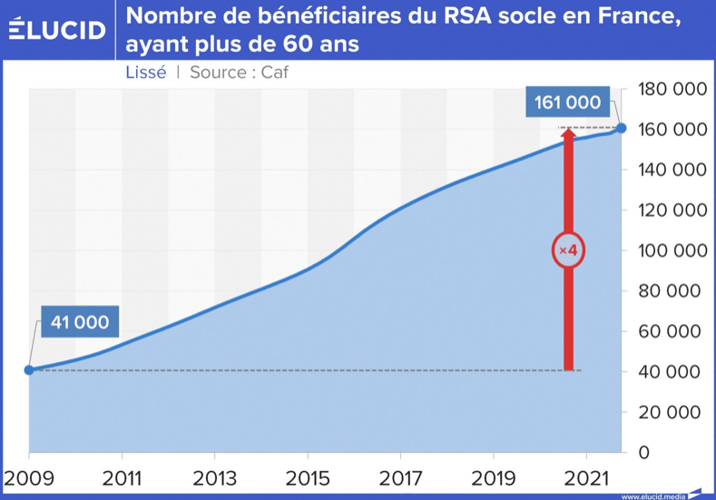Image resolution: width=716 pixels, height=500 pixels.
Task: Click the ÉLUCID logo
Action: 56,30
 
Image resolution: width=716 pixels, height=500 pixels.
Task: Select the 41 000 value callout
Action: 79,322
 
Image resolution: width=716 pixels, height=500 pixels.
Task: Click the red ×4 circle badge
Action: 569,250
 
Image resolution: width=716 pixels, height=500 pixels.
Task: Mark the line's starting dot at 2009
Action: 29,370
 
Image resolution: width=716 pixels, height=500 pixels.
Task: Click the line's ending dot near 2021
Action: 621,128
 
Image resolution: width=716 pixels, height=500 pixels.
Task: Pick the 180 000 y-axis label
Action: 672,89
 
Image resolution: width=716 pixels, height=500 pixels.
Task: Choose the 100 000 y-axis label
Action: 672,250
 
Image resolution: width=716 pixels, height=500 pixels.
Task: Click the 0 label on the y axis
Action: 644,452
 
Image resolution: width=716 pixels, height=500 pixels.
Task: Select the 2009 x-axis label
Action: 29,479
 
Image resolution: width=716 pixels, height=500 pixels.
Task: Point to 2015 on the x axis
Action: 308,479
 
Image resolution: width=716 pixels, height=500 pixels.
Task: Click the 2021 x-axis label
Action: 586,479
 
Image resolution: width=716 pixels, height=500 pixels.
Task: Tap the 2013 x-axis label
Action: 214,479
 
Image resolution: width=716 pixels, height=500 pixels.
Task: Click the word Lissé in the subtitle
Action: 145,73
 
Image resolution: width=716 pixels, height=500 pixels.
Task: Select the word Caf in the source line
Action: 274,73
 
